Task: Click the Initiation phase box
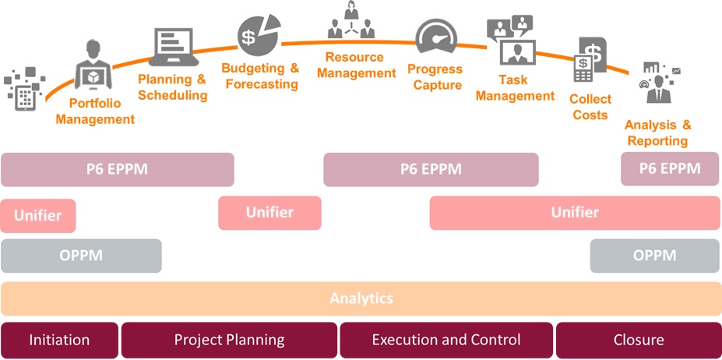pos(59,340)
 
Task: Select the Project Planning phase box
pos(229,340)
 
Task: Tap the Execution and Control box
pos(446,340)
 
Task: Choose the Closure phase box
pos(638,340)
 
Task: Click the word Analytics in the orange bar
pos(361,298)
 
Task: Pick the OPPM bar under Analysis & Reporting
pos(654,256)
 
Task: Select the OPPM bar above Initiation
pos(81,256)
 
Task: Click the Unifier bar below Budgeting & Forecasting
pos(269,213)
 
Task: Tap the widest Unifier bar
pos(575,213)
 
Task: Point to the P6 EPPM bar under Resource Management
pos(431,169)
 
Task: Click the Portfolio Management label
pos(95,111)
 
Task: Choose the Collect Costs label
pos(590,107)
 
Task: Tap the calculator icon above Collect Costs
pos(582,68)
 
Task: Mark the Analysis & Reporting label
pos(658,132)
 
